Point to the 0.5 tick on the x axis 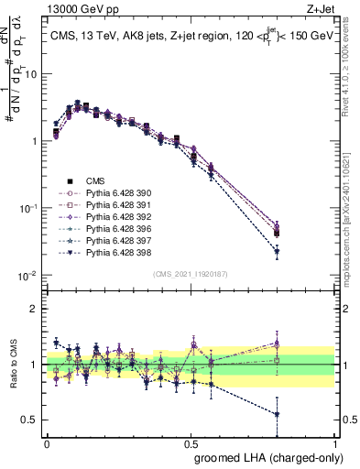pyautogui.click(x=191, y=442)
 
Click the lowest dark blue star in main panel pyautogui.click(x=277, y=251)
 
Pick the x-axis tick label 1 pyautogui.click(x=336, y=442)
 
